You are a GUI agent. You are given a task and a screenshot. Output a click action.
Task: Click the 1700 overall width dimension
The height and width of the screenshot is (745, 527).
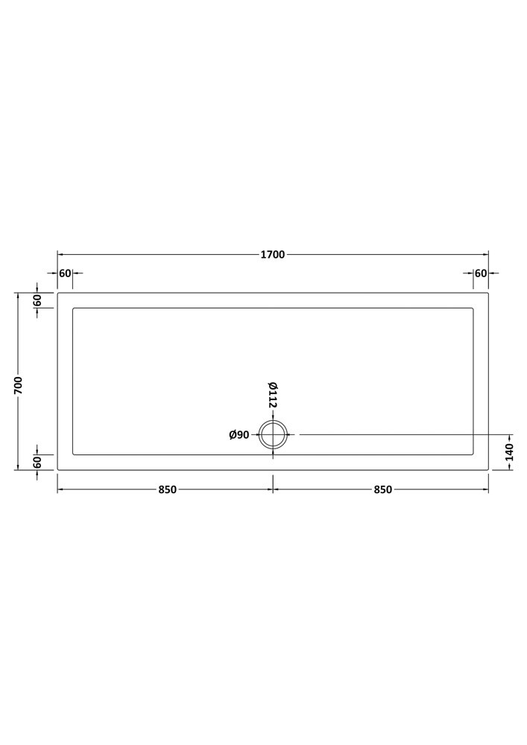pyautogui.click(x=273, y=255)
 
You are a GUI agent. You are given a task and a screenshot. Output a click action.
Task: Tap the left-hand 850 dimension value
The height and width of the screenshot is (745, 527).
pyautogui.click(x=167, y=489)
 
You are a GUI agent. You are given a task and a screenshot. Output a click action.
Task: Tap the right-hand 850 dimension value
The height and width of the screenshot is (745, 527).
pyautogui.click(x=382, y=489)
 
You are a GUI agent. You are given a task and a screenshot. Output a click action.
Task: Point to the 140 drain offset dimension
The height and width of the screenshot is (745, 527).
pyautogui.click(x=509, y=452)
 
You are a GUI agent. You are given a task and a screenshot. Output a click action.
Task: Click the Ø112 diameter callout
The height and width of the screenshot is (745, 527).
pyautogui.click(x=273, y=394)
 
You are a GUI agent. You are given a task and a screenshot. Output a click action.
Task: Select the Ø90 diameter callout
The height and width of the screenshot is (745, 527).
pyautogui.click(x=239, y=434)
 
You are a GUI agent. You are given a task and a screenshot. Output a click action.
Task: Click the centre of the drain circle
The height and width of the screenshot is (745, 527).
pyautogui.click(x=274, y=434)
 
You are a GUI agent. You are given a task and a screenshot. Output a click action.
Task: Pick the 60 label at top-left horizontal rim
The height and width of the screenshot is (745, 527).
pyautogui.click(x=65, y=273)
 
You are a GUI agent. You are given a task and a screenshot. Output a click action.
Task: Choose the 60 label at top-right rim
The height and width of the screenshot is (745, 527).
pyautogui.click(x=481, y=273)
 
